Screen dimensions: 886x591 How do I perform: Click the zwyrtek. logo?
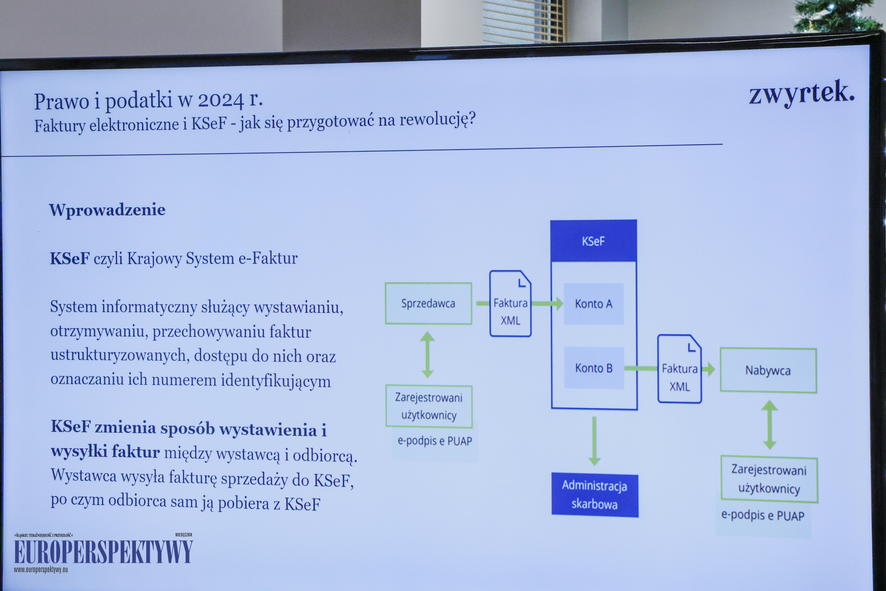(x=802, y=93)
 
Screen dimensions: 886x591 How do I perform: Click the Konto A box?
(x=594, y=304)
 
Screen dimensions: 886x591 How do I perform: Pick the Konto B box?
(x=594, y=368)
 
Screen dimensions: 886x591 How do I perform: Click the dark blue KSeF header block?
(x=594, y=241)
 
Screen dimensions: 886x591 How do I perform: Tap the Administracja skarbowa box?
(x=595, y=495)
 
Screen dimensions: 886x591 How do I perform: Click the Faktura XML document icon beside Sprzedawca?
(x=510, y=304)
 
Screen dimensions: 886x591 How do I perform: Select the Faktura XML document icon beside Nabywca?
(x=680, y=369)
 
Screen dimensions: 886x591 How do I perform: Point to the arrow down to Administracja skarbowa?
(x=594, y=441)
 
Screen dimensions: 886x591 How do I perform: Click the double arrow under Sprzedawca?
(x=427, y=355)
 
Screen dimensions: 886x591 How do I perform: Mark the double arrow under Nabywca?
(x=770, y=424)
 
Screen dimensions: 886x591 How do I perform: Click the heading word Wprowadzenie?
(x=107, y=210)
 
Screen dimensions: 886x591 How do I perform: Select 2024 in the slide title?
(x=221, y=100)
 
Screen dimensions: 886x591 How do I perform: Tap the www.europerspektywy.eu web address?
(x=41, y=570)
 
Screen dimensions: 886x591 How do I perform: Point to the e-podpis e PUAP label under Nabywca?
(x=763, y=515)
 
